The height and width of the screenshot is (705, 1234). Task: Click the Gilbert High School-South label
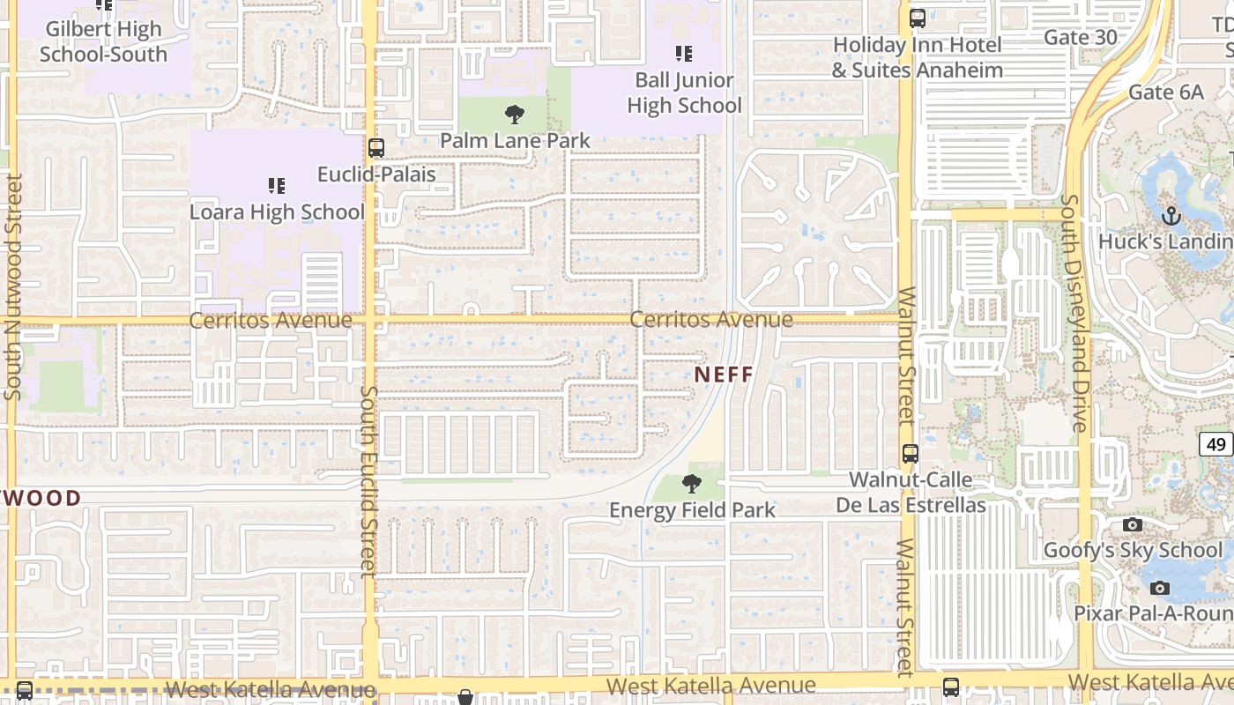[x=104, y=41]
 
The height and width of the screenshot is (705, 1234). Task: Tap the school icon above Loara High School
[x=277, y=186]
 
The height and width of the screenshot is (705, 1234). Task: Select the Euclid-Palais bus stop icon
[x=376, y=148]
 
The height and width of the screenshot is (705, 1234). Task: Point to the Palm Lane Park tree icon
[x=515, y=115]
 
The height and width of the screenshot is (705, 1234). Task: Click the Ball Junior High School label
[x=684, y=93]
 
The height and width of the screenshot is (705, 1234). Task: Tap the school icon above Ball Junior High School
[x=684, y=54]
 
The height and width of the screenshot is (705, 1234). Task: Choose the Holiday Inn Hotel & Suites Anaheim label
[x=918, y=57]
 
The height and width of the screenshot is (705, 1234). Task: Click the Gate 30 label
[x=1080, y=37]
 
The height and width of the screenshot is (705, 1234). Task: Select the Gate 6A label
[x=1165, y=93]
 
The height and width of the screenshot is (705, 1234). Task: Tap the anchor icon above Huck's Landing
[x=1171, y=216]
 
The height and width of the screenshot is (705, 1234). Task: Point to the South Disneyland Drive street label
[x=1074, y=313]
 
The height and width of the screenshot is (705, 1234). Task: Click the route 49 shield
[x=1216, y=445]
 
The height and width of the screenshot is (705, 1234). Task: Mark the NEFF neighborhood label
[x=724, y=375]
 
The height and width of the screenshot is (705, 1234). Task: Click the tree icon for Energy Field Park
[x=692, y=483]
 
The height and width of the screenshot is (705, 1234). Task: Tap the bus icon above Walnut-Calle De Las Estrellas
[x=911, y=454]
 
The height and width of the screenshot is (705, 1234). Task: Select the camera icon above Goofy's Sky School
[x=1133, y=525]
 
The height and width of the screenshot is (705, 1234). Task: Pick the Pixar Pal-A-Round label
[x=1153, y=613]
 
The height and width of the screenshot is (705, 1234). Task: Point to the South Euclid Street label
[x=368, y=480]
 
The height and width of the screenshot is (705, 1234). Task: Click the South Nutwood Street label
[x=13, y=286]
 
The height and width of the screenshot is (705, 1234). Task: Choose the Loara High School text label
[x=277, y=212]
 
